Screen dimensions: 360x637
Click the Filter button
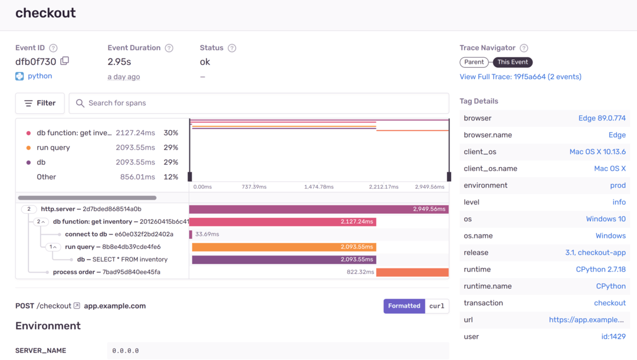[x=40, y=103]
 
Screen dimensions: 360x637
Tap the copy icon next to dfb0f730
[x=65, y=61]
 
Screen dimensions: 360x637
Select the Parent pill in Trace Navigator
[x=474, y=62]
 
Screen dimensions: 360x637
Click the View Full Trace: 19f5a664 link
[x=520, y=77]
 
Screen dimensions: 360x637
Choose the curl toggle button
[x=436, y=306]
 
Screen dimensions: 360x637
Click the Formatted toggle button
[x=404, y=306]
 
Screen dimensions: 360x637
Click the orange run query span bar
[x=284, y=247]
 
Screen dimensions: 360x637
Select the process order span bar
[x=412, y=272]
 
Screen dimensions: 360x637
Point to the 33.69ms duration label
[x=207, y=234]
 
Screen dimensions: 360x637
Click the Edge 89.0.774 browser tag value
[x=602, y=118]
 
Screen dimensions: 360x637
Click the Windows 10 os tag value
[x=605, y=219]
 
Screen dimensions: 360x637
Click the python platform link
[x=40, y=76]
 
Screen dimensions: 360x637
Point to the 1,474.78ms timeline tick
[x=318, y=186]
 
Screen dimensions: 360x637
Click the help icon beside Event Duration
[x=169, y=48]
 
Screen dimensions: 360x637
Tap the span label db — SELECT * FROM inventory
[x=122, y=260]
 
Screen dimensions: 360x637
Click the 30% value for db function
[x=170, y=133]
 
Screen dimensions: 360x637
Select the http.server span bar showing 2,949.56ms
[x=318, y=209]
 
